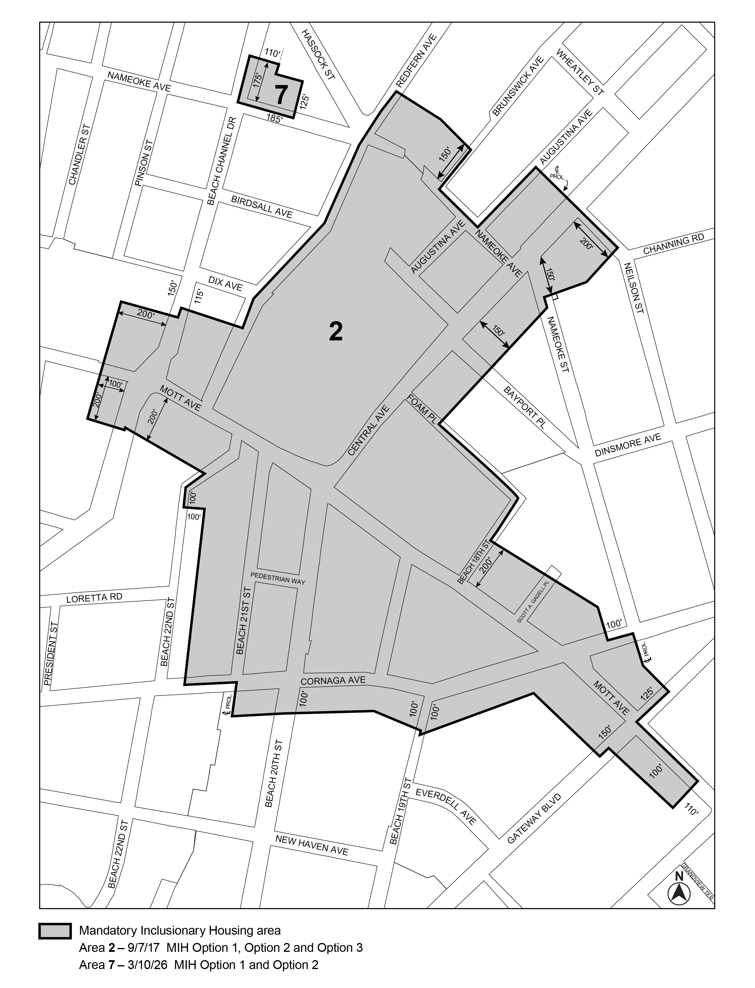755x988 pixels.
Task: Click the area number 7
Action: click(x=281, y=95)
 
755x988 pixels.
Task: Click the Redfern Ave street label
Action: click(x=416, y=61)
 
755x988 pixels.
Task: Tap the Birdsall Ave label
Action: click(x=261, y=207)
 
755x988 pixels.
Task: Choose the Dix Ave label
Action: click(x=225, y=283)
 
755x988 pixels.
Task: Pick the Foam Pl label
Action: click(x=421, y=409)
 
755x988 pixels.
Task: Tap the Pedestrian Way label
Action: click(x=278, y=578)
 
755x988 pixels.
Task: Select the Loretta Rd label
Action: click(x=94, y=598)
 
